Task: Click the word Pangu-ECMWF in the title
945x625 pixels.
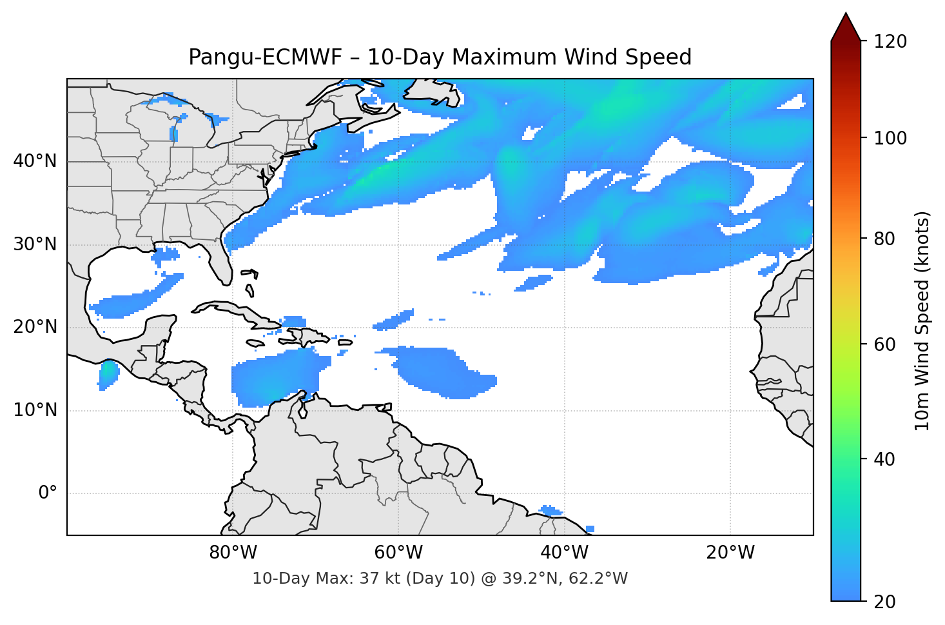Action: click(x=264, y=57)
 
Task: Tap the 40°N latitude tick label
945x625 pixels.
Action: click(x=35, y=161)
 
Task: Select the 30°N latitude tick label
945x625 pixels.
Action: click(x=35, y=244)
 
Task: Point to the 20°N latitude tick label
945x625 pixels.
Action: click(x=35, y=327)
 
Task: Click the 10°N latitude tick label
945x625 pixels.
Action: click(x=35, y=410)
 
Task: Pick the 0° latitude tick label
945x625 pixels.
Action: click(x=47, y=493)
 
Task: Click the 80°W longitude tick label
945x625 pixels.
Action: click(x=233, y=553)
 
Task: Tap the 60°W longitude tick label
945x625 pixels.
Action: click(x=398, y=553)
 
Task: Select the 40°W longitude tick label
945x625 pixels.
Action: click(x=564, y=553)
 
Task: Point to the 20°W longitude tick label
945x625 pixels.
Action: click(x=730, y=553)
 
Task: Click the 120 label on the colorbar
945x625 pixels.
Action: click(x=890, y=42)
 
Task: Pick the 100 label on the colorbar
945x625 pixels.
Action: click(x=890, y=138)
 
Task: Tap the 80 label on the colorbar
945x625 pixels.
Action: click(x=884, y=239)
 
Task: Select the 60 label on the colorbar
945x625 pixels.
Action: click(x=884, y=344)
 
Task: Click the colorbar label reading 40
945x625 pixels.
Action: click(x=884, y=459)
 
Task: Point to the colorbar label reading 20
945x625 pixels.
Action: click(x=884, y=602)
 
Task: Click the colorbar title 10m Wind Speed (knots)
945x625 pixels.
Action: click(x=922, y=321)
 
